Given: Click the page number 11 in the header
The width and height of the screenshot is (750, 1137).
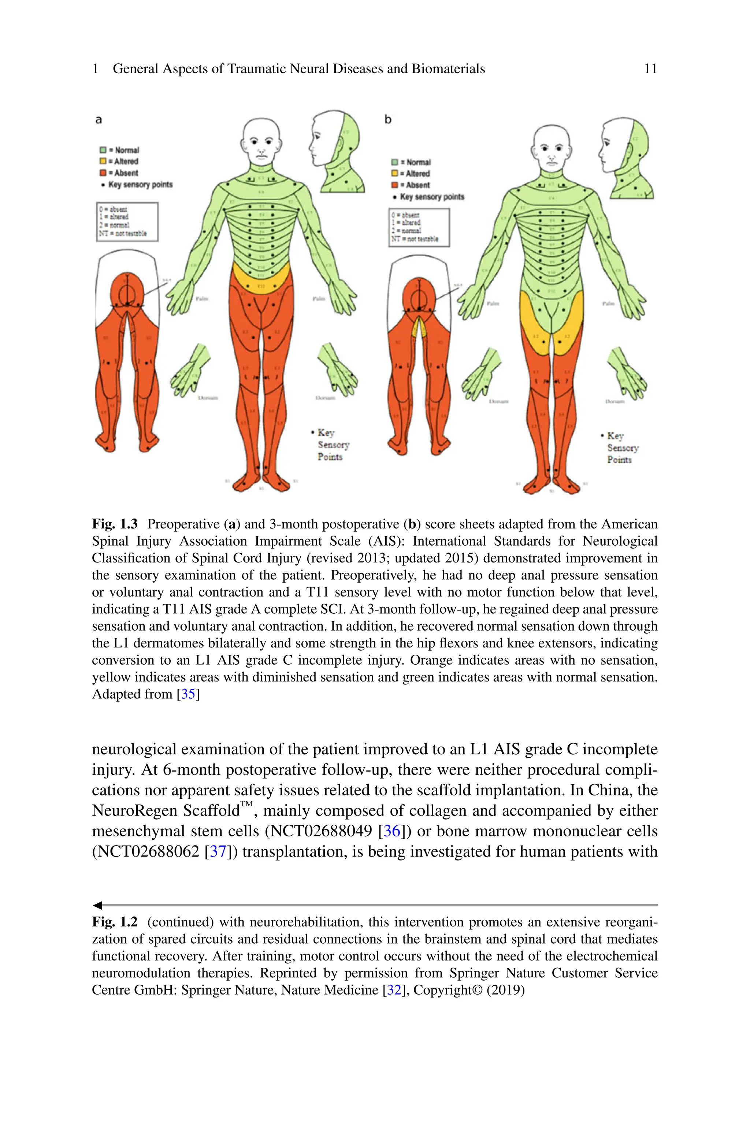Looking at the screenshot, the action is (650, 69).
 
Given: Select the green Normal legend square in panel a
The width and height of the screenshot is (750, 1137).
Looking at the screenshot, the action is (103, 150).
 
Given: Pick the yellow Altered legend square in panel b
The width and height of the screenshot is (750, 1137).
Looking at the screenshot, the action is (395, 174).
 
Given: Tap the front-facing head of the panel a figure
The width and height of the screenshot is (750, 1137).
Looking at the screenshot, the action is (261, 139).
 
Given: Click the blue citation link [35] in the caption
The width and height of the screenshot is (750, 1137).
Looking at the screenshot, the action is (188, 694).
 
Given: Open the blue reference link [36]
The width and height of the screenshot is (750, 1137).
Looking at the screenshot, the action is (392, 831).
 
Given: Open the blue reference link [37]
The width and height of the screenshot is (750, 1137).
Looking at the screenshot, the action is (218, 851).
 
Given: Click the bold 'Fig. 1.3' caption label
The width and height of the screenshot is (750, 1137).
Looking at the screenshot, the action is (115, 524).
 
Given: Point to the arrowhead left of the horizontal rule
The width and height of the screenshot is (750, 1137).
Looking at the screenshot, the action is (97, 905).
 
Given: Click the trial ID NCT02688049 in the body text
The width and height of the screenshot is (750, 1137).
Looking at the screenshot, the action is (321, 831).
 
